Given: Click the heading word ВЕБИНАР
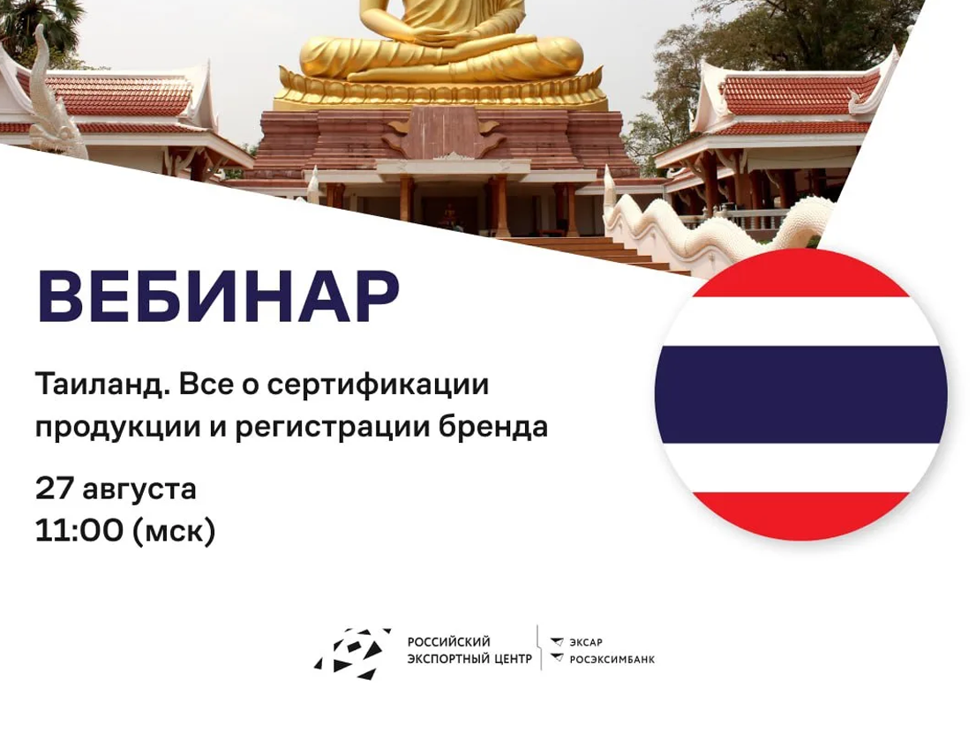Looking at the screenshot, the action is [219, 296].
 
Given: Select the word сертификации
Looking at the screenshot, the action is [378, 385].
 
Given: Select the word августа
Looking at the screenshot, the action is [139, 490].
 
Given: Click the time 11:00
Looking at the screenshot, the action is [79, 531].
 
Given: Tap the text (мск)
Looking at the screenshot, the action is [174, 532].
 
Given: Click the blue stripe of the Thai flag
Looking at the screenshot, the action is [801, 395].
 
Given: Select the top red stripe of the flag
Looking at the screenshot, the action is [801, 275].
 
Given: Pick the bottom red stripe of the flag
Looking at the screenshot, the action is [801, 516].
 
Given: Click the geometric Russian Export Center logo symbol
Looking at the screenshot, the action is [352, 653].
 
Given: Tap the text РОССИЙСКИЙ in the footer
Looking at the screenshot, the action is [449, 642].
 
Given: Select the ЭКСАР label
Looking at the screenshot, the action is [586, 642].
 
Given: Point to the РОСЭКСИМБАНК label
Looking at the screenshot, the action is [612, 659].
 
